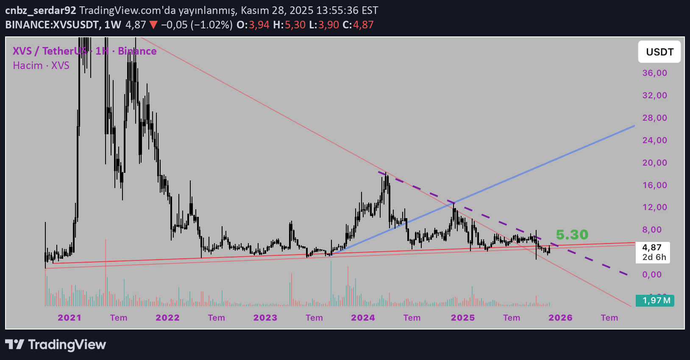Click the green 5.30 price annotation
(572, 234)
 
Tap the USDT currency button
(659, 52)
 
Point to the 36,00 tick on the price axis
(654, 73)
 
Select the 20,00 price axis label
(654, 163)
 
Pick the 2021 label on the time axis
(70, 318)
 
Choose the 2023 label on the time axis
(265, 318)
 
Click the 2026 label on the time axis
(560, 318)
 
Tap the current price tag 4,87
(652, 247)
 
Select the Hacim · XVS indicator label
(41, 66)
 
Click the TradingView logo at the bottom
(56, 344)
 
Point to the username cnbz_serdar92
(41, 10)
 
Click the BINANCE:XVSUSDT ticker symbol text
(52, 25)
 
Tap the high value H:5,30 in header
(289, 25)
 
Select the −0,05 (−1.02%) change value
(196, 25)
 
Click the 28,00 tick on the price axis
(654, 118)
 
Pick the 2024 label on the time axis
(363, 318)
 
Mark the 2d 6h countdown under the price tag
(654, 257)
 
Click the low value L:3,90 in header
(324, 25)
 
